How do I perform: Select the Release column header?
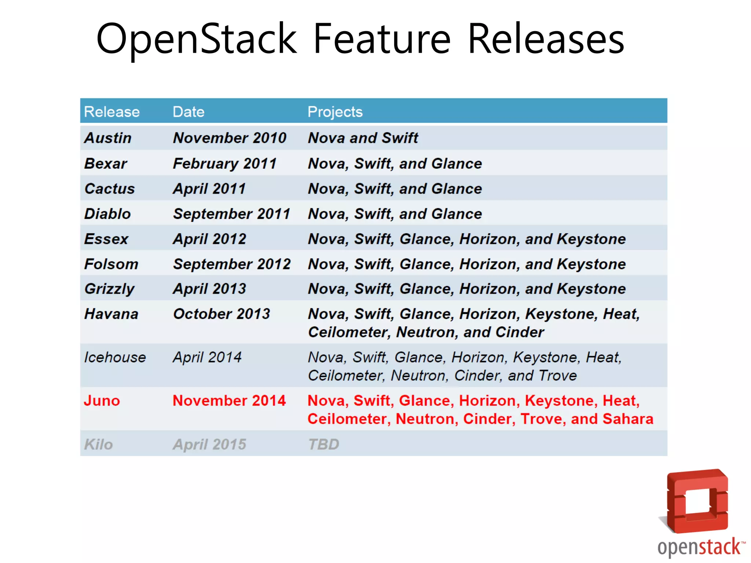112,112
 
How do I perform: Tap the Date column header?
188,112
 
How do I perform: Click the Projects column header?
335,112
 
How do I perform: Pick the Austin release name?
108,138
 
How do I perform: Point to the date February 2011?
225,163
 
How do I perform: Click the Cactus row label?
110,189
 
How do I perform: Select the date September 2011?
232,214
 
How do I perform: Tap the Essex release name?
106,239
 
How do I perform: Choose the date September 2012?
232,264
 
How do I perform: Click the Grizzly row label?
110,289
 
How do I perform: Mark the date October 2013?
221,314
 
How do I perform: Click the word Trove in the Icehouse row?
558,376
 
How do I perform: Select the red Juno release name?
102,401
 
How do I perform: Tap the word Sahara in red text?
628,419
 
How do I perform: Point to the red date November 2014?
229,401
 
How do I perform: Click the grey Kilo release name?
98,445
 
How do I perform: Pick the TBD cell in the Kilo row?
323,445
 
